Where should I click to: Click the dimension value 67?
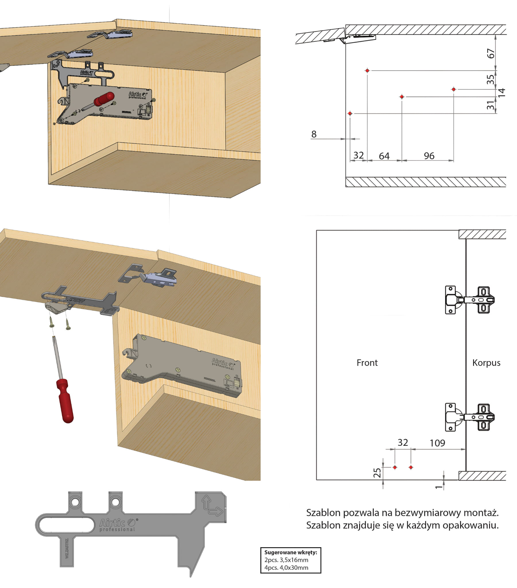[491, 53]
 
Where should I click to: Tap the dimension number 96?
[429, 156]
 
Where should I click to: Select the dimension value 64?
[384, 156]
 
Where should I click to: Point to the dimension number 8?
[314, 134]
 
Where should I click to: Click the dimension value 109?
[437, 443]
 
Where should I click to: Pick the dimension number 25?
[377, 473]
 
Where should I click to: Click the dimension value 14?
[501, 92]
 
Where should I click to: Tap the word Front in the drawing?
[367, 363]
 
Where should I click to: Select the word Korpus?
[486, 363]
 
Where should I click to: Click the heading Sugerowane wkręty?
[291, 552]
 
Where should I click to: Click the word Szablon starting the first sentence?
[323, 513]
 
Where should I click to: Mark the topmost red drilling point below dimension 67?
[367, 70]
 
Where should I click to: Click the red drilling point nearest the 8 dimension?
[350, 114]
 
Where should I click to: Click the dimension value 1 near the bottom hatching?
[439, 487]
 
